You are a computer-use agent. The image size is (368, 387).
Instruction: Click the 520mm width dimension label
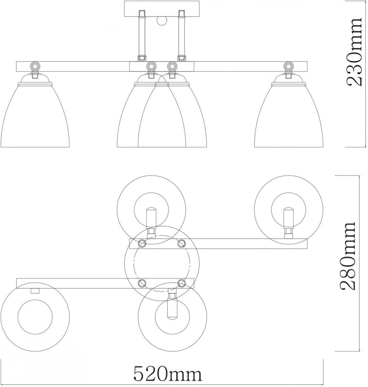pos(168,374)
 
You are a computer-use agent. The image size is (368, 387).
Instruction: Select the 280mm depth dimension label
pos(347,256)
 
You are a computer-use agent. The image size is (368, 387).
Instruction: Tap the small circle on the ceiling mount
pos(161,20)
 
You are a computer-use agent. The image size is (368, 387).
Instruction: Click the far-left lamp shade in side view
pos(35,115)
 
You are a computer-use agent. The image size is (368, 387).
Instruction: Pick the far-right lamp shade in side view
pos(289,115)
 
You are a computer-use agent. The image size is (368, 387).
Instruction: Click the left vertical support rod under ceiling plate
pos(142,35)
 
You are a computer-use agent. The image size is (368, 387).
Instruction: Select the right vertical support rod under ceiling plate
pos(181,35)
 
